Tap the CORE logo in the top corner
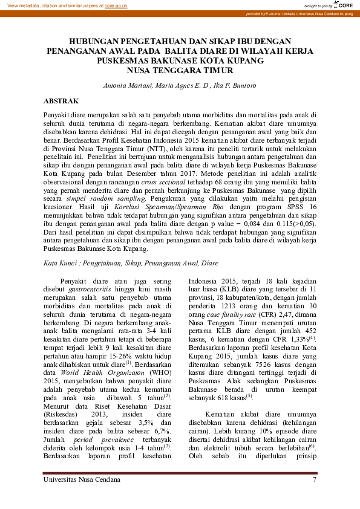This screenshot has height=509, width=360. pos(343,5)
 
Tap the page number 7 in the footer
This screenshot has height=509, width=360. pos(315,479)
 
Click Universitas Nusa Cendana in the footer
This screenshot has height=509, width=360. pos(82,479)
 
